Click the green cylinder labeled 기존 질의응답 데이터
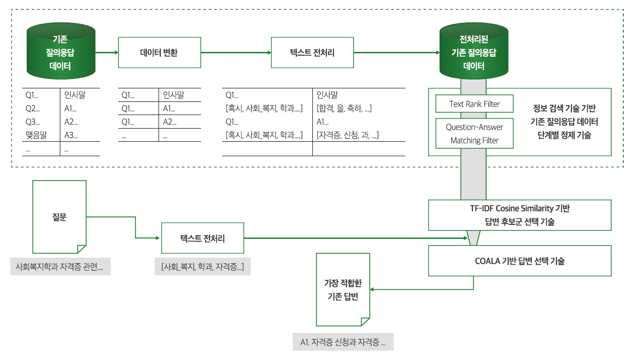click(61, 53)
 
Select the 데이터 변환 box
click(159, 53)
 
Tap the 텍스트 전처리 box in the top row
click(312, 53)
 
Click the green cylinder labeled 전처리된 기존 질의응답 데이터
click(474, 53)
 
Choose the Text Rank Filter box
click(474, 104)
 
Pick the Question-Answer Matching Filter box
click(474, 134)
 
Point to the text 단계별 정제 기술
click(564, 136)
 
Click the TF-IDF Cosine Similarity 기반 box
click(520, 215)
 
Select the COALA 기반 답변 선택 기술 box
click(520, 261)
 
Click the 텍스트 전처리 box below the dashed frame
click(202, 238)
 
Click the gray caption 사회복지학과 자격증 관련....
click(60, 267)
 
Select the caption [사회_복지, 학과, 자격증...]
click(202, 267)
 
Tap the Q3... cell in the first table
click(32, 122)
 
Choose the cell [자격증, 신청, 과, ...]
click(347, 136)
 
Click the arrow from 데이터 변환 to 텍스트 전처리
click(236, 53)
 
